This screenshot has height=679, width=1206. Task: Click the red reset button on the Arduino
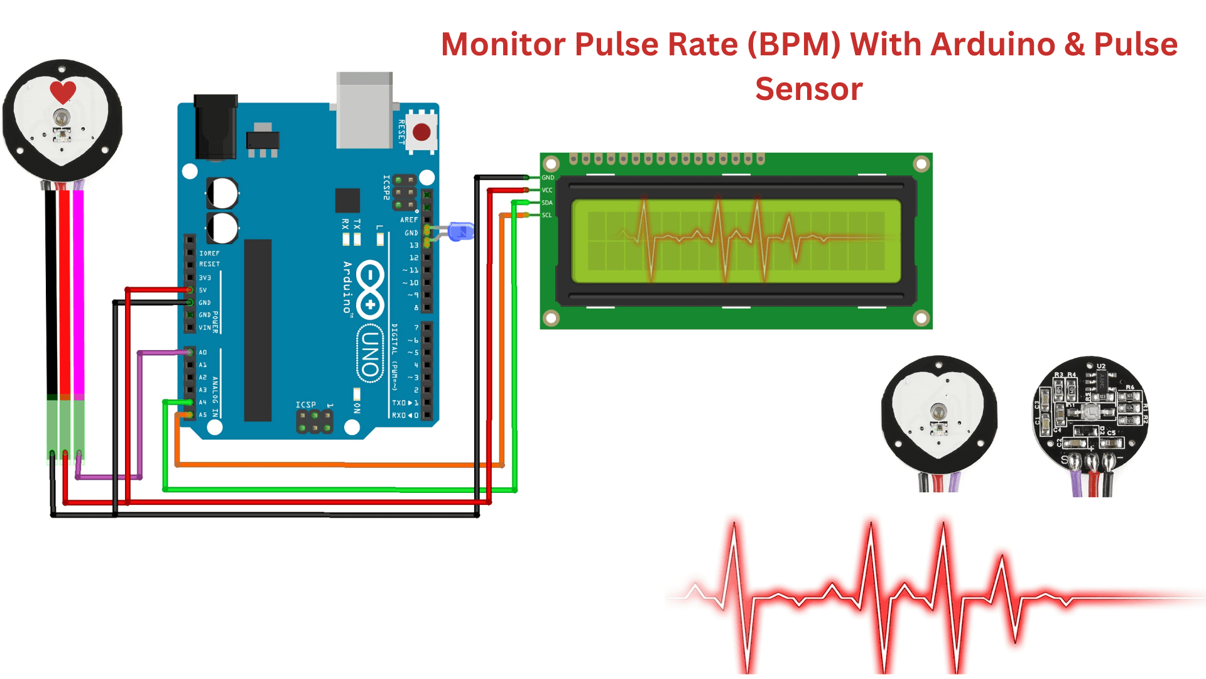coord(421,132)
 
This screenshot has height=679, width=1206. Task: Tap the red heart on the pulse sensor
coord(63,92)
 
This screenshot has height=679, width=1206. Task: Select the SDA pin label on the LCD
coord(547,202)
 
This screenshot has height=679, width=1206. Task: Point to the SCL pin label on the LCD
coord(547,215)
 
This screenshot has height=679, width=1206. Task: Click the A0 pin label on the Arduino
coord(203,352)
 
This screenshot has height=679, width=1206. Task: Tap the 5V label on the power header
coord(203,290)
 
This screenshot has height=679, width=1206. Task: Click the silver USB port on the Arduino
coord(364,111)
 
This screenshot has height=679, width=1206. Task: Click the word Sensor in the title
coord(808,89)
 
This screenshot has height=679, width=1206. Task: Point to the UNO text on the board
coord(370,353)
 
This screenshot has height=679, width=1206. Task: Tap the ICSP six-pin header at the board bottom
coord(314,422)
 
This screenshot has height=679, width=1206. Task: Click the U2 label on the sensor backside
coord(1100,366)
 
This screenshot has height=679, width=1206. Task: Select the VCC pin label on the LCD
coord(547,190)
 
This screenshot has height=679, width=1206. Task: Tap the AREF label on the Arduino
coord(408,219)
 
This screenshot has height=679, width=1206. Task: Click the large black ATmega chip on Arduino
coord(258,330)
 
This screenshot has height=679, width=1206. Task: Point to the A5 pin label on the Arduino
coord(203,415)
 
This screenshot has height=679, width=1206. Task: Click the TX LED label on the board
coord(357,224)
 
